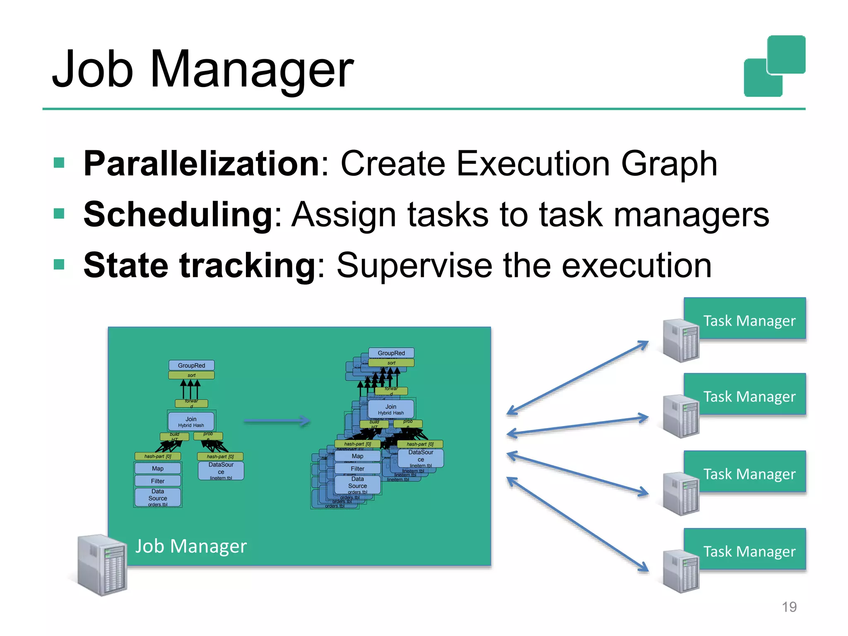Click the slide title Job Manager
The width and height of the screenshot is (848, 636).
click(x=203, y=70)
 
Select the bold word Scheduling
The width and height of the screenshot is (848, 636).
click(x=178, y=214)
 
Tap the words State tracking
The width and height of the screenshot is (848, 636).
click(x=200, y=265)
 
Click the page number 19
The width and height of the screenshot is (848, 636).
click(x=789, y=607)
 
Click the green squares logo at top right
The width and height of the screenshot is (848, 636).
click(x=774, y=66)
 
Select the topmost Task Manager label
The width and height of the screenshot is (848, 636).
click(x=749, y=321)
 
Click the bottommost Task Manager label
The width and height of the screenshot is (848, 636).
click(x=749, y=552)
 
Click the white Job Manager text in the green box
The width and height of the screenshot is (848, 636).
click(x=191, y=546)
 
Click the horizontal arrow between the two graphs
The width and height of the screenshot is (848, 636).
click(x=277, y=422)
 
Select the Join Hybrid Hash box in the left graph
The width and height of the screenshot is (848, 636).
click(x=191, y=422)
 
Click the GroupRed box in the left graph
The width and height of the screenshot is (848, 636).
click(x=191, y=365)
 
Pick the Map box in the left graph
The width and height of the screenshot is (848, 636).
click(x=158, y=468)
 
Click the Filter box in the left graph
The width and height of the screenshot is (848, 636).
click(x=158, y=481)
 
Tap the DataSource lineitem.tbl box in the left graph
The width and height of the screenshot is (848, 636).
click(x=221, y=471)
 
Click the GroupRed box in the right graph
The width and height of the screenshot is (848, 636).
click(x=391, y=353)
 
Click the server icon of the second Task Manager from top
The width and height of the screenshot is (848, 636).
click(x=681, y=416)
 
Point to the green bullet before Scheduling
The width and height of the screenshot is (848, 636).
click(x=59, y=214)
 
